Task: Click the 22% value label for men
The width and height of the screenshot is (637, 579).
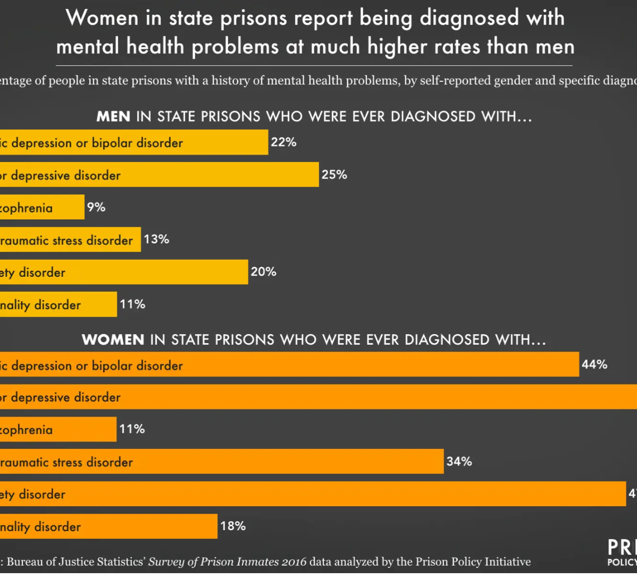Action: tap(283, 142)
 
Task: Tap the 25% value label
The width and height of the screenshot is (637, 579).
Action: tap(334, 174)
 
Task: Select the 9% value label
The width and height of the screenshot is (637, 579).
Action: tap(96, 207)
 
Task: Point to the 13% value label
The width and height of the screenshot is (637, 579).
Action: tap(157, 239)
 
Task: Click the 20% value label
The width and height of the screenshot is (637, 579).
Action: tap(263, 271)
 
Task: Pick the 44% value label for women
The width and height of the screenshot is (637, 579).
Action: tap(595, 364)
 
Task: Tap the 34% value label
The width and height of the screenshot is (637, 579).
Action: tap(459, 461)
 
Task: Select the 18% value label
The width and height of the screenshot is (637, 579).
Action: tap(233, 526)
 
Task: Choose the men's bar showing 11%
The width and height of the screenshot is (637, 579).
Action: tap(58, 304)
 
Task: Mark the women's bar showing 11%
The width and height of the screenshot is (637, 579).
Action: tap(58, 429)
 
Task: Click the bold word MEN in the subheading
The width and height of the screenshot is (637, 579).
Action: tap(113, 117)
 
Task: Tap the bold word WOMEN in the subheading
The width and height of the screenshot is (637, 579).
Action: tap(113, 340)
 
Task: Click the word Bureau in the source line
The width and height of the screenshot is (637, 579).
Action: tap(26, 562)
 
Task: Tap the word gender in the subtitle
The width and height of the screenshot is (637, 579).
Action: tap(486, 81)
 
